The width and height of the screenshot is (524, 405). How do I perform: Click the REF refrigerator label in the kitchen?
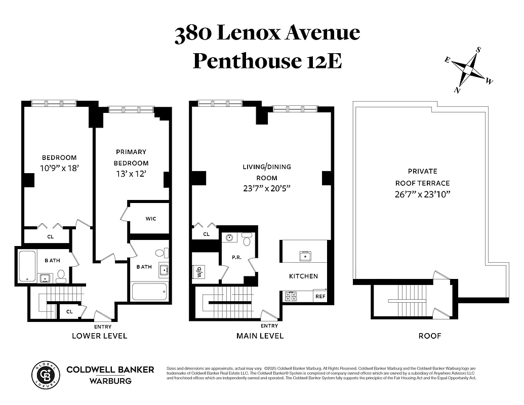pos(320,297)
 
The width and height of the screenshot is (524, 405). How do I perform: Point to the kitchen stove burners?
pos(291,297)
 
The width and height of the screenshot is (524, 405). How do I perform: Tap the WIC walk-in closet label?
pos(150,219)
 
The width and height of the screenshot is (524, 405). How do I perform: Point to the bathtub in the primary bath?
pos(149,292)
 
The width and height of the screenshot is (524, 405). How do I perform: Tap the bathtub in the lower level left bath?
pos(27,266)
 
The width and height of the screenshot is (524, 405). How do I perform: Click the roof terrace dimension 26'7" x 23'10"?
pos(423,194)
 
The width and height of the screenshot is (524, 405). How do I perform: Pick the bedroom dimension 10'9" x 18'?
pos(59,169)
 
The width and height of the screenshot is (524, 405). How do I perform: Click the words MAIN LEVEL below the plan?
pos(260,336)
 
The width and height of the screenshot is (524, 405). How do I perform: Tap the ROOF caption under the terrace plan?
pos(429,336)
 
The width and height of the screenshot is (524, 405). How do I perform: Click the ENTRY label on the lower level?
pos(103,327)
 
